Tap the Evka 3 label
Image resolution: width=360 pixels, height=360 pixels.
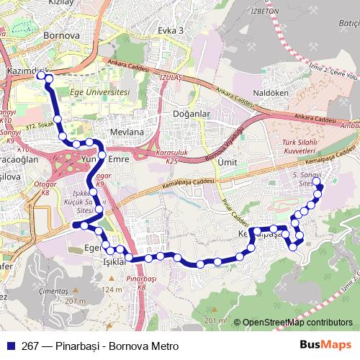(171, 30)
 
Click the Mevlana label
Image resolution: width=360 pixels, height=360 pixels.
(127, 132)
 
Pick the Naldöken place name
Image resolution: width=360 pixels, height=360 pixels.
(271, 93)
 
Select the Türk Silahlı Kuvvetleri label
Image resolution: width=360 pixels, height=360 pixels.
(300, 147)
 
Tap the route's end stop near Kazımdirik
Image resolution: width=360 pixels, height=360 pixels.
(40, 73)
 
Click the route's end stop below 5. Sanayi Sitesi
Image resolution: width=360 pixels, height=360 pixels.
(320, 189)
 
